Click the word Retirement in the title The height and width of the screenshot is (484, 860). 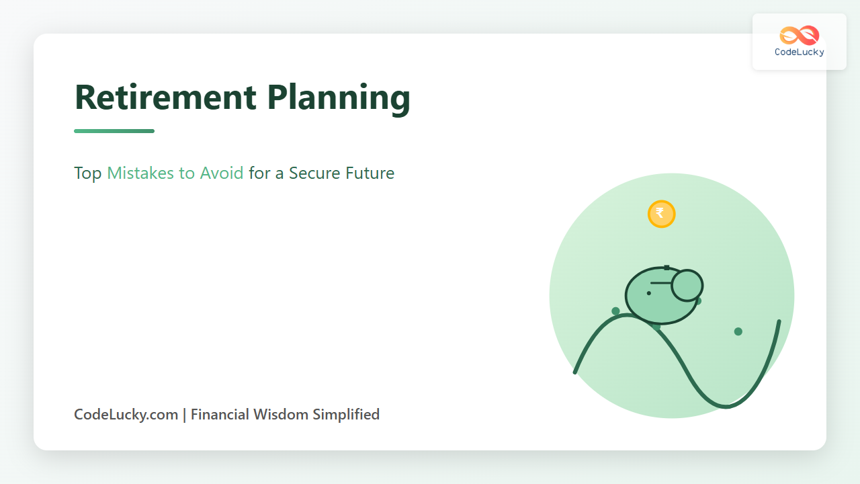[x=165, y=97]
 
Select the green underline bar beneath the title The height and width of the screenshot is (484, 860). [x=114, y=131]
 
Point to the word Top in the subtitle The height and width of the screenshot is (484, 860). [x=87, y=173]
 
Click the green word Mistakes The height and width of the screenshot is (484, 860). [x=140, y=173]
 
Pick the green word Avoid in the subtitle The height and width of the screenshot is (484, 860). [x=222, y=173]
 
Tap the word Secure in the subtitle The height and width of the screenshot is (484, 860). [x=314, y=173]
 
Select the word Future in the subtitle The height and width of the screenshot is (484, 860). [x=370, y=173]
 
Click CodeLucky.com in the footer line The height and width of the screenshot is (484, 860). [x=126, y=415]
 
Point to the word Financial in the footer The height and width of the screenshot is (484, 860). [x=220, y=415]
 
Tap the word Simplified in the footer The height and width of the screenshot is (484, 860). [x=346, y=415]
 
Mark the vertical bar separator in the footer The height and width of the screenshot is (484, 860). [x=184, y=415]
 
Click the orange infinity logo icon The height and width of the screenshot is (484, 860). [x=799, y=36]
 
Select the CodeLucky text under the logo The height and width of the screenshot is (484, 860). [x=800, y=52]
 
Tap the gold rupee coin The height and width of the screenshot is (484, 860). [x=661, y=214]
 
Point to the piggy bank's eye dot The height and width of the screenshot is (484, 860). [x=649, y=294]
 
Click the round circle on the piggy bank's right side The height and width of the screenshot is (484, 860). [x=687, y=286]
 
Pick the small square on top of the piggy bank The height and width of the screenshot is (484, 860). [x=667, y=268]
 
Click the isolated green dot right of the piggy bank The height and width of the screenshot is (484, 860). [x=738, y=331]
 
